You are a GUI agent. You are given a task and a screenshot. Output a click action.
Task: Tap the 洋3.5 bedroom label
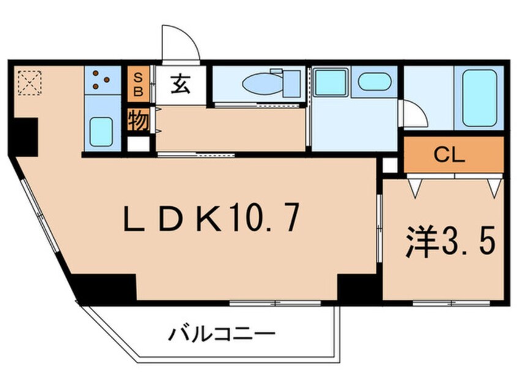point(449,242)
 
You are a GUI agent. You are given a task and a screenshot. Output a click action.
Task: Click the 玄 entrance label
point(180,84)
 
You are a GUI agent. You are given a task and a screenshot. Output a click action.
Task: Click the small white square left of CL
point(390,164)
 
